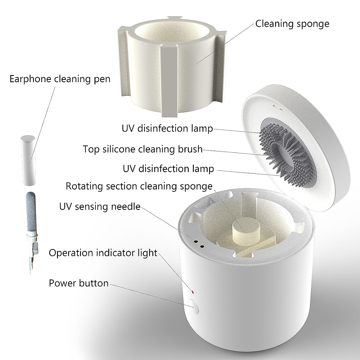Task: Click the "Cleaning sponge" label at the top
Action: click(292, 24)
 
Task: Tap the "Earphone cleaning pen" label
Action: click(60, 79)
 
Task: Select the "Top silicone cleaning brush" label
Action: click(142, 149)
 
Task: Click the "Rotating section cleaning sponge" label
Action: click(139, 186)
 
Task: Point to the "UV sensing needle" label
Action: click(100, 206)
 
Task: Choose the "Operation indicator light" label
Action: click(103, 253)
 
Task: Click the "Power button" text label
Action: click(79, 283)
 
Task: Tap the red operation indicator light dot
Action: click(193, 292)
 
